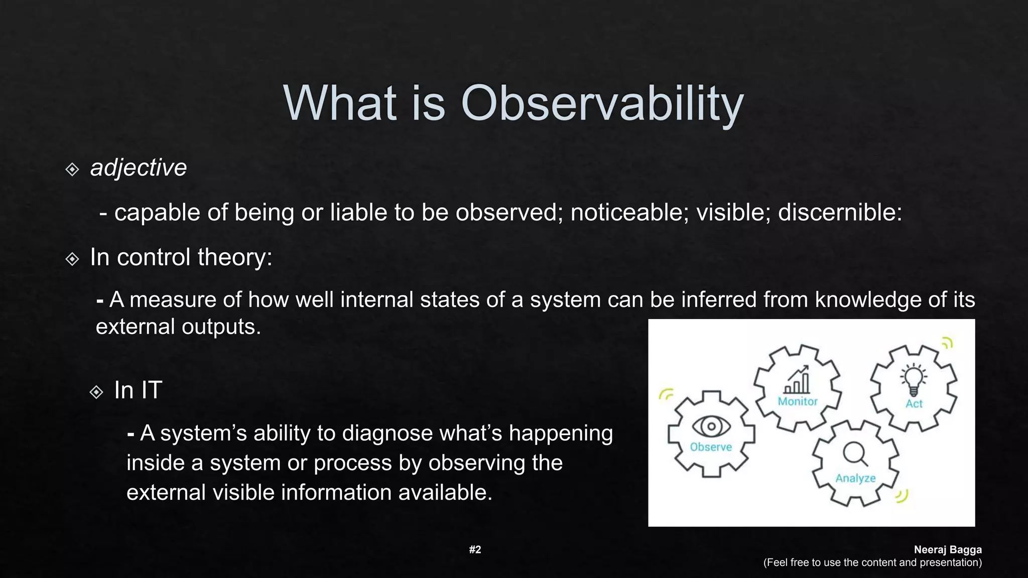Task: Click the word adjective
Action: pyautogui.click(x=138, y=168)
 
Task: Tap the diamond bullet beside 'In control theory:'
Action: pyautogui.click(x=72, y=259)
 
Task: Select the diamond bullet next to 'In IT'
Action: pyautogui.click(x=96, y=392)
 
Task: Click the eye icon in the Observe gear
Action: pyautogui.click(x=711, y=426)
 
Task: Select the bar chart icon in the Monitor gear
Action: pyautogui.click(x=797, y=380)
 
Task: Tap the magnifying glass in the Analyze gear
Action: pyautogui.click(x=855, y=454)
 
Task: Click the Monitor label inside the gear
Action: pyautogui.click(x=797, y=401)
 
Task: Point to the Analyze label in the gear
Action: pyautogui.click(x=855, y=478)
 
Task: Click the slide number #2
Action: pyautogui.click(x=475, y=549)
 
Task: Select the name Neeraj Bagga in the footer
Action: pyautogui.click(x=947, y=549)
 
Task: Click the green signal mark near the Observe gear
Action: pyautogui.click(x=666, y=394)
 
